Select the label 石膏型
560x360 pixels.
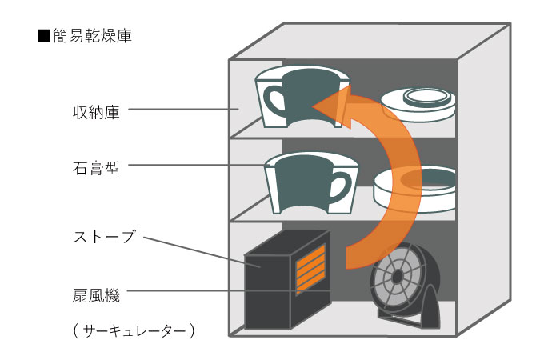(x=95, y=169)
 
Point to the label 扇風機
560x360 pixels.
(x=95, y=297)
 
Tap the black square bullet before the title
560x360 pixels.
(x=44, y=37)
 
